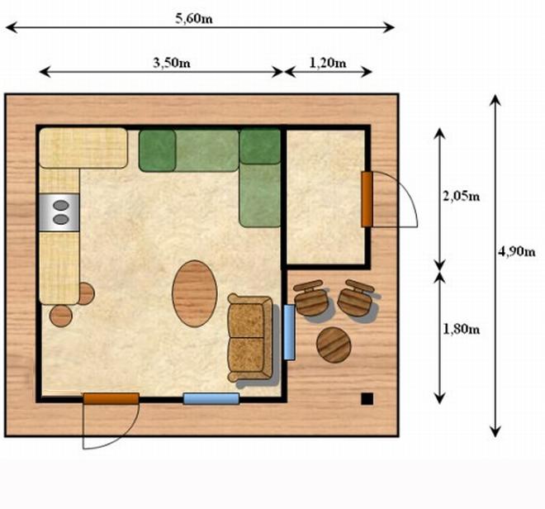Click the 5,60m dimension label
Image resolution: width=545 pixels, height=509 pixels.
pyautogui.click(x=193, y=18)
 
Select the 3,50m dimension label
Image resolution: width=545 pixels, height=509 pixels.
pyautogui.click(x=172, y=63)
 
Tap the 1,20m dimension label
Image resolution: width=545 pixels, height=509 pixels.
pyautogui.click(x=328, y=63)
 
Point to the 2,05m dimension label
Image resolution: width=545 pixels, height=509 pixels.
pyautogui.click(x=462, y=197)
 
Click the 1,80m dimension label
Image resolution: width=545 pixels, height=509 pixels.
pyautogui.click(x=462, y=329)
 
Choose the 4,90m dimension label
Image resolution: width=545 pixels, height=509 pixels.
pyautogui.click(x=516, y=251)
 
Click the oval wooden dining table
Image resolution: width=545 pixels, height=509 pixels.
pyautogui.click(x=195, y=293)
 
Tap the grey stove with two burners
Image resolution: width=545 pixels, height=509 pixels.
pyautogui.click(x=59, y=212)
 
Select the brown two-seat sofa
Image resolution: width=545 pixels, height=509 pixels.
pyautogui.click(x=250, y=337)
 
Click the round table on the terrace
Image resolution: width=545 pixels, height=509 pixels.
pyautogui.click(x=334, y=345)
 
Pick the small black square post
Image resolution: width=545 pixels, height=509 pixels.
pyautogui.click(x=367, y=399)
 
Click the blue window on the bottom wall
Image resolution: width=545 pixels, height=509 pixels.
pyautogui.click(x=211, y=399)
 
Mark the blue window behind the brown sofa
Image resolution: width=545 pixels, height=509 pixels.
pyautogui.click(x=289, y=332)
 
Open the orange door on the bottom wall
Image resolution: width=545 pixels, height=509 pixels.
pyautogui.click(x=111, y=399)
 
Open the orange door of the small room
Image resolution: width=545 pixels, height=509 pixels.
pyautogui.click(x=367, y=199)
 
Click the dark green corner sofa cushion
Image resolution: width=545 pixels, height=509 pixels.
pyautogui.click(x=260, y=146)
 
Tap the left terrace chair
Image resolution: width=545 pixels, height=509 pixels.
pyautogui.click(x=310, y=297)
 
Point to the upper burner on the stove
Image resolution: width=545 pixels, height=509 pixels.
pyautogui.click(x=61, y=205)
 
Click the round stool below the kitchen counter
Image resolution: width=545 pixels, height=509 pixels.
pyautogui.click(x=61, y=316)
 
